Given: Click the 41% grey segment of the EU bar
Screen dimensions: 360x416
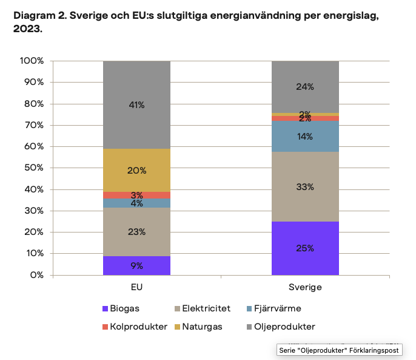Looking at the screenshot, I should (136, 105).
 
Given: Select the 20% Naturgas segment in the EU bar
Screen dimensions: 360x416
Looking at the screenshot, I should (136, 171).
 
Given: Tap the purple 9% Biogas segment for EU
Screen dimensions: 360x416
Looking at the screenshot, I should (136, 265).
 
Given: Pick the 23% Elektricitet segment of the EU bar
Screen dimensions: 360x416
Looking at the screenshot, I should (136, 232).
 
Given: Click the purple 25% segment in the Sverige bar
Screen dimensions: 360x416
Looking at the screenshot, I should (305, 248).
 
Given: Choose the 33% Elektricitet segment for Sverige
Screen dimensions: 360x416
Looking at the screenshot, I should (305, 187).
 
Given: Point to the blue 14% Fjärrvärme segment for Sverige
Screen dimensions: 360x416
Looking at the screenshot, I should (305, 137).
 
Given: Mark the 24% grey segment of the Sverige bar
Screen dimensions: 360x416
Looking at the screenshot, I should (305, 87).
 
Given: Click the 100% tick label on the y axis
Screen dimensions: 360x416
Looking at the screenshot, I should (32, 61).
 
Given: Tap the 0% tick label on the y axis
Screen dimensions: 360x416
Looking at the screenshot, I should (37, 275).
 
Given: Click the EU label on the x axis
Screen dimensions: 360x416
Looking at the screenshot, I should (136, 287).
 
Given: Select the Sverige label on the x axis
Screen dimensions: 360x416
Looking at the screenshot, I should (305, 287).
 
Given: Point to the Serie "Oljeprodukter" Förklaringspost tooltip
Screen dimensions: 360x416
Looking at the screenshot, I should (338, 350).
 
